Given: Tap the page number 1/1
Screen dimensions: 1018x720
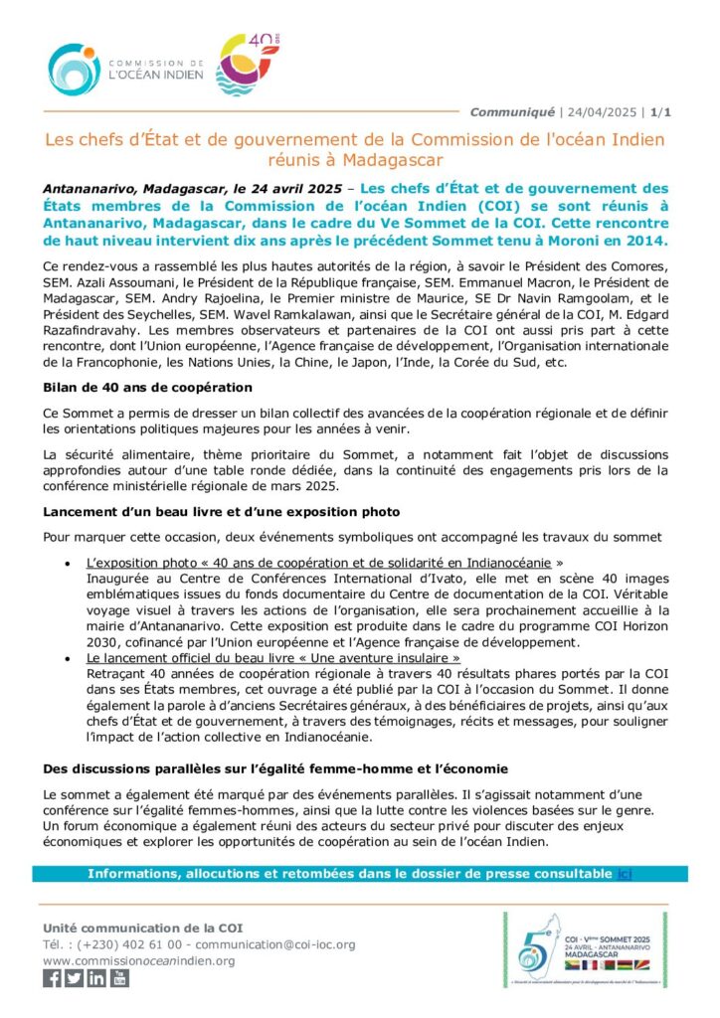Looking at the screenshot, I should [x=660, y=111].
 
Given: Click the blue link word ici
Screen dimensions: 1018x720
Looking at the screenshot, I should [x=624, y=874].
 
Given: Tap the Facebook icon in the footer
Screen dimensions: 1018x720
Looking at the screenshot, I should [x=53, y=977].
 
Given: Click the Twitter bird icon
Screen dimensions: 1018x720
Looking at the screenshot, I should [x=75, y=977].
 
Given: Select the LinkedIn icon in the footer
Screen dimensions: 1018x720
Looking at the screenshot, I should [x=96, y=977].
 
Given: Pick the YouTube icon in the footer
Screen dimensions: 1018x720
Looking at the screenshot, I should [x=119, y=977].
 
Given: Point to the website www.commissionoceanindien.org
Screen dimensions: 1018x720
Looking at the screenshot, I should [x=139, y=960].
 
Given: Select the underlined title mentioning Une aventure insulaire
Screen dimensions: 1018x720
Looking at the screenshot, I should [x=273, y=658].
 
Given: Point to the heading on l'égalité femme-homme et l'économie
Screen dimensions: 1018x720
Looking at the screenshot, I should [x=262, y=768].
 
